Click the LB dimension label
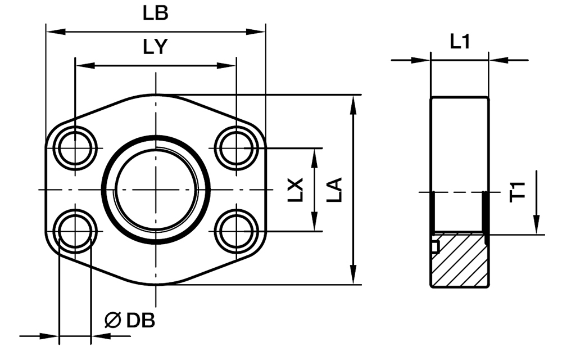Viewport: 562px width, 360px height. tap(155, 13)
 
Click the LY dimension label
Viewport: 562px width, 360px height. tap(155, 48)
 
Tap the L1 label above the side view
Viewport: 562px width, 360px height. tap(460, 41)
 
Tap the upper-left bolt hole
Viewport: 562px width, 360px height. tap(75, 148)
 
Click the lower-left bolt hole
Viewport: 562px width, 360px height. tap(75, 231)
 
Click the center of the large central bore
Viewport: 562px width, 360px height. tap(156, 190)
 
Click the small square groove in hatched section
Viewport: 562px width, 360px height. tap(434, 246)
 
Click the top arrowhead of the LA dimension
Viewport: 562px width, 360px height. tap(353, 102)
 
